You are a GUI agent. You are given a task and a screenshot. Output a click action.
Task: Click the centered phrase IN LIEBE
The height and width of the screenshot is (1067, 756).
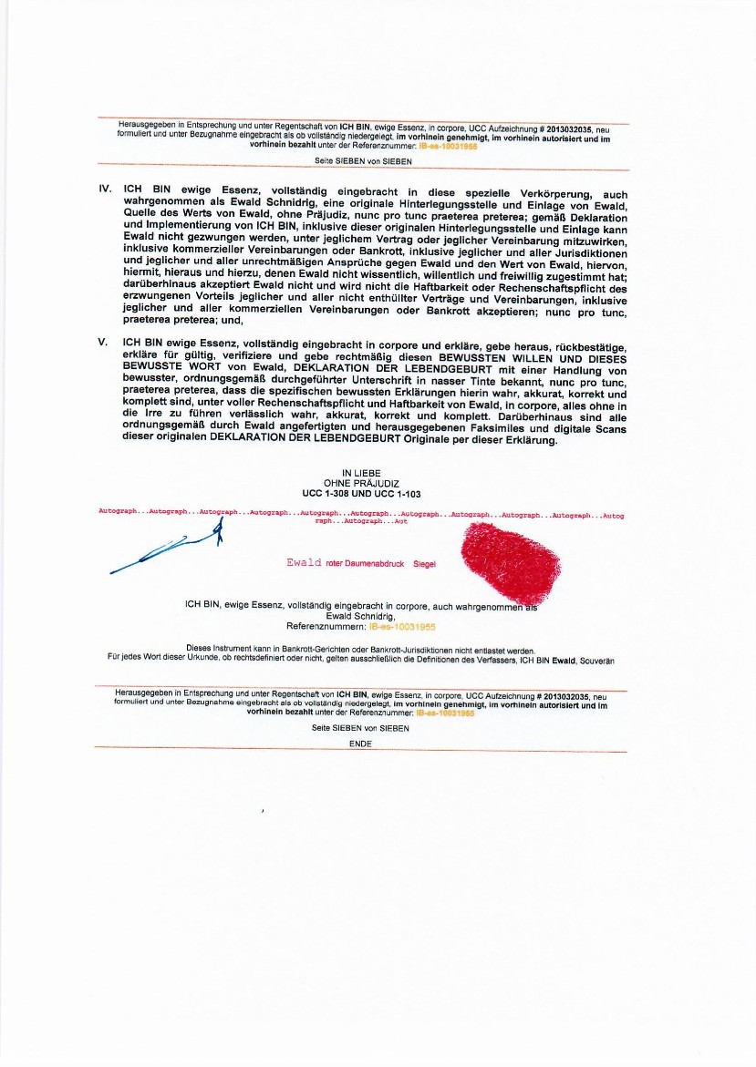tap(361, 473)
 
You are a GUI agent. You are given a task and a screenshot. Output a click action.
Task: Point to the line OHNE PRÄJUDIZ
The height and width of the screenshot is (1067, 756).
tap(361, 483)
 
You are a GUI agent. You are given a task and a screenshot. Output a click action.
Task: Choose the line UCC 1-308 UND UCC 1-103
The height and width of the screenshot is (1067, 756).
tap(361, 493)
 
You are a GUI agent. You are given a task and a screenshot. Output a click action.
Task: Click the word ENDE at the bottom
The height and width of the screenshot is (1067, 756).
tap(361, 744)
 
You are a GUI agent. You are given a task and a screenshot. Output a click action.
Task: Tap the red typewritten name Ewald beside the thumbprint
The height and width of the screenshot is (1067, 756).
tap(304, 563)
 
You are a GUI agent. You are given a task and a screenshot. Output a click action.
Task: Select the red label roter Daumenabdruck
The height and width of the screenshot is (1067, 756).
tap(365, 564)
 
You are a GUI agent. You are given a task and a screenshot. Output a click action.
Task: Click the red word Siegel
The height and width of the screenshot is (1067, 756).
tap(424, 564)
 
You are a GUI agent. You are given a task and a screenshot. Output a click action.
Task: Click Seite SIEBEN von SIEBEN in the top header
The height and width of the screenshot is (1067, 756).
tap(363, 161)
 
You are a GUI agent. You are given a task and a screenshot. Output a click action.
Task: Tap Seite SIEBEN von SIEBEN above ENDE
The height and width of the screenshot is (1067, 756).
tap(360, 728)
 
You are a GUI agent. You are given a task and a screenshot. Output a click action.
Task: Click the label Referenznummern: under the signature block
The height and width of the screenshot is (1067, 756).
tap(326, 627)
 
